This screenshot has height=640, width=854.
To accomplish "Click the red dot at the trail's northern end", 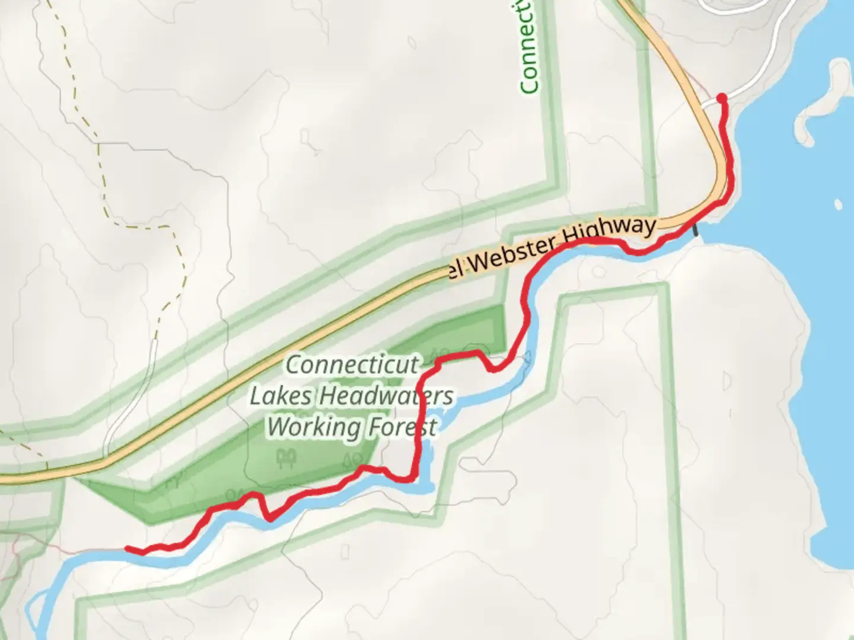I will (x=722, y=98).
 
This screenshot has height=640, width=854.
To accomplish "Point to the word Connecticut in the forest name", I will (x=352, y=365).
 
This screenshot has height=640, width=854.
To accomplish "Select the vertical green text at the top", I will (x=528, y=47).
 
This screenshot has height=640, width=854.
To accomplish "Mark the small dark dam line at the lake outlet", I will (x=696, y=229).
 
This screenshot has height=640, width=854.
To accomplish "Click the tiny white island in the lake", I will (x=837, y=204).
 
